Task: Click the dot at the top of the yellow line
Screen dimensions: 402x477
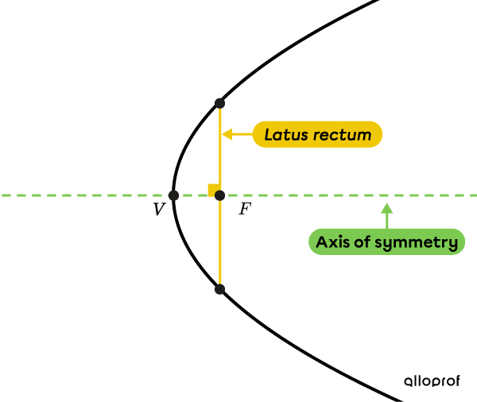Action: [219, 103]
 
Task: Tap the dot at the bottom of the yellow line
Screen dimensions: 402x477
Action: [219, 289]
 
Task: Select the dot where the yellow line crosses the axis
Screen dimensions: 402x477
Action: [219, 195]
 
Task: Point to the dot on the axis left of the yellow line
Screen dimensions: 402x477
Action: [173, 195]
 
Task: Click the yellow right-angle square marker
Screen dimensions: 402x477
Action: [212, 189]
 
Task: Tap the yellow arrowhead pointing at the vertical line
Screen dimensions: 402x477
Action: [227, 134]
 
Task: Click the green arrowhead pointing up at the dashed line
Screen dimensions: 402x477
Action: [386, 208]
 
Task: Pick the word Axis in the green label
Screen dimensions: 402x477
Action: [332, 242]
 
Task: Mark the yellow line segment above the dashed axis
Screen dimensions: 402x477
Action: [220, 151]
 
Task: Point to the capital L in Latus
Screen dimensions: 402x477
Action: [269, 134]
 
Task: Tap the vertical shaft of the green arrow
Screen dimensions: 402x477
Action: [386, 221]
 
